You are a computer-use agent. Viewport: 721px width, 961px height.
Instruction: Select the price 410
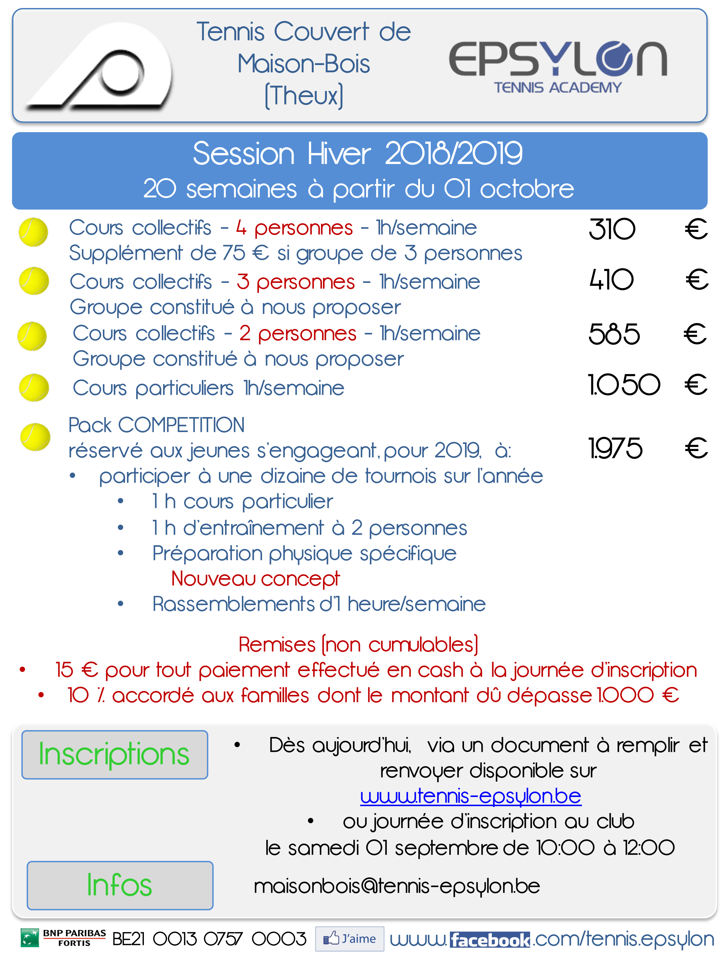click(x=611, y=279)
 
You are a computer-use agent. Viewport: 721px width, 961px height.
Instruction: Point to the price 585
click(x=614, y=334)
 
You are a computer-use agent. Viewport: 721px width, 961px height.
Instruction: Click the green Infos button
click(x=120, y=885)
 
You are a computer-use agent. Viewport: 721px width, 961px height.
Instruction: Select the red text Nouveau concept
click(x=255, y=579)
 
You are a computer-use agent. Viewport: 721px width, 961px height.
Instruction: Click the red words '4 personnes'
click(x=294, y=228)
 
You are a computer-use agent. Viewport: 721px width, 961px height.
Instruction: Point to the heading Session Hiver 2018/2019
click(x=358, y=153)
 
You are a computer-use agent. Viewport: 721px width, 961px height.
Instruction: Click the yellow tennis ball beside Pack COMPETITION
click(x=35, y=437)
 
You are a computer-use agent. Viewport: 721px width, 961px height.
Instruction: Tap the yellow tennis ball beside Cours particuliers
click(x=34, y=388)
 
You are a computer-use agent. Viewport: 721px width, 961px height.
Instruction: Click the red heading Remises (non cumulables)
click(x=359, y=645)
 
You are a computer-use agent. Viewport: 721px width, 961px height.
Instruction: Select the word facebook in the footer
click(x=490, y=940)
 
